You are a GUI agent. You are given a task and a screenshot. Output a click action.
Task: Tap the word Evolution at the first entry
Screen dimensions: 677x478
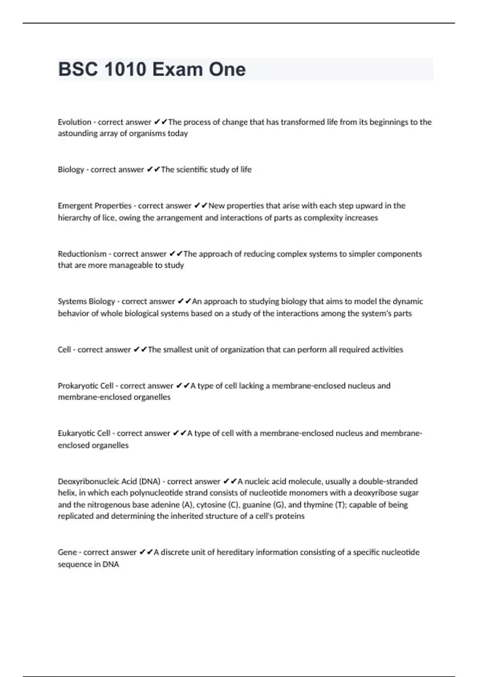(x=74, y=122)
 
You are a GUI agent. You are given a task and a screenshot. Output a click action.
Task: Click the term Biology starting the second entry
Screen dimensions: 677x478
(x=71, y=170)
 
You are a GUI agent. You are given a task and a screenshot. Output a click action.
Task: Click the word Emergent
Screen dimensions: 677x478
(x=74, y=206)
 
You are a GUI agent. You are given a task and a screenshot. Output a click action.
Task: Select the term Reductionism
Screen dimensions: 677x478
(x=82, y=254)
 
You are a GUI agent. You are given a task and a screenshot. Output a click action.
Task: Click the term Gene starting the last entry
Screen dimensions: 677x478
(x=67, y=552)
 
